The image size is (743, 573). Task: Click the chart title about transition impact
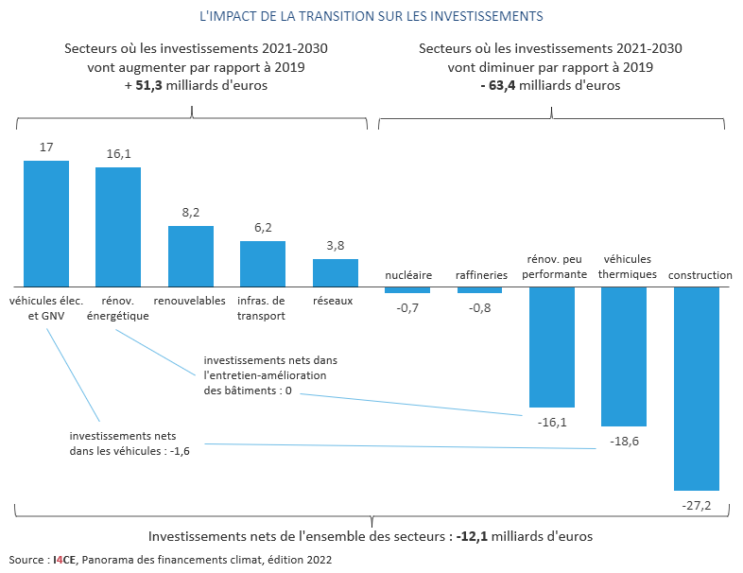pos(371,16)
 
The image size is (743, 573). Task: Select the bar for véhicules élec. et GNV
pos(46,223)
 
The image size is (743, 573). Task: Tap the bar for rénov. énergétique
pos(118,227)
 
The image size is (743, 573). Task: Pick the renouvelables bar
pos(191,255)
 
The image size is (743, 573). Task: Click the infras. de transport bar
pos(263,263)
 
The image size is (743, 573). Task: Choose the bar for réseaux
pos(336,272)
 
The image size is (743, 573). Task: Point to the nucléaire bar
pos(407,289)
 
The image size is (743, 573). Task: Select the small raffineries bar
pos(480,289)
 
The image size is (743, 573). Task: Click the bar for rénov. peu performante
pos(552,346)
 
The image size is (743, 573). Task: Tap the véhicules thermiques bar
pos(624,356)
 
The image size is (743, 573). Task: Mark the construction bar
pos(697,388)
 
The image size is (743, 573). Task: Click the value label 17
pos(46,148)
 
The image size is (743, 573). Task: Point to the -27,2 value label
pos(697,506)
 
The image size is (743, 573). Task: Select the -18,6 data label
pos(624,442)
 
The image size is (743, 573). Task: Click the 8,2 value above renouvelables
pos(191,213)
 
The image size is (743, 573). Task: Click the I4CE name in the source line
pos(65,560)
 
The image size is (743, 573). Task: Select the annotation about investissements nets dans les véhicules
pos(130,443)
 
